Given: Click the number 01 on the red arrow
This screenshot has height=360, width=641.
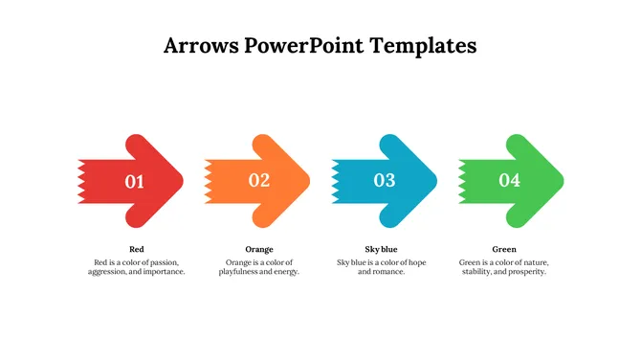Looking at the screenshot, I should pos(135,181).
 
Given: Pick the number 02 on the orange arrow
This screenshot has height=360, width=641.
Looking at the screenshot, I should pos(259,180).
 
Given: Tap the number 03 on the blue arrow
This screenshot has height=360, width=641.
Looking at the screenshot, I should pos(385,180).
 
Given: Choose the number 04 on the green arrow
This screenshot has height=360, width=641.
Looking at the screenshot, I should pos(510,180).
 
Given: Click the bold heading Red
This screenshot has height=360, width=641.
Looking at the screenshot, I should pos(136,249).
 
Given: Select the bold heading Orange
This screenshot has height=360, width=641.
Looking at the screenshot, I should pos(259,249).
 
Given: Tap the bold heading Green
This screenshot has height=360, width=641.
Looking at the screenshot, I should pos(503,249).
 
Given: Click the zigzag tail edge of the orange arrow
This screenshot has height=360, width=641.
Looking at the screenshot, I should pos(208,180).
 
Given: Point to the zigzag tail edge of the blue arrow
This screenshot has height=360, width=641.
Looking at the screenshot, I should pos(335,180).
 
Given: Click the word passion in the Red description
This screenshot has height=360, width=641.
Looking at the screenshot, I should pos(164,262).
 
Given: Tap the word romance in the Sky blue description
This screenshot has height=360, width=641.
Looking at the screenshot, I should pos(389,272).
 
